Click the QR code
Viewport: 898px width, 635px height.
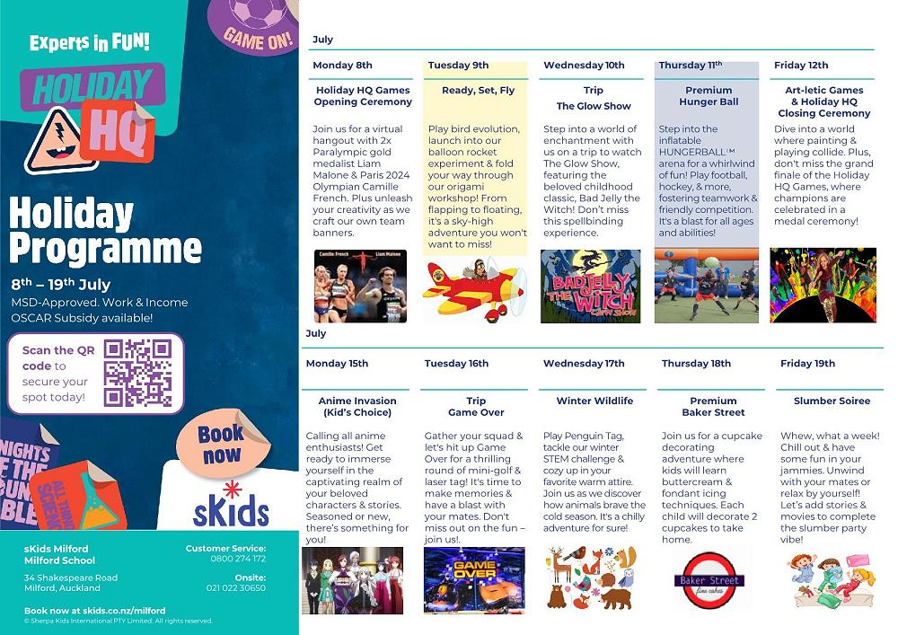pyautogui.click(x=137, y=373)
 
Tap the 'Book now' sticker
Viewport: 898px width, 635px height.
pyautogui.click(x=221, y=445)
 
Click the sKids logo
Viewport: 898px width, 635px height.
pyautogui.click(x=231, y=507)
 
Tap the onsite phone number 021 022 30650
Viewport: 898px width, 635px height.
pyautogui.click(x=236, y=588)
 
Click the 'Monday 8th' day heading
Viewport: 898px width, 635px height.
pyautogui.click(x=342, y=66)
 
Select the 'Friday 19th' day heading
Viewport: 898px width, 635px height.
pyautogui.click(x=807, y=364)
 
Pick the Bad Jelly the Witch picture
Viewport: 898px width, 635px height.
pyautogui.click(x=591, y=287)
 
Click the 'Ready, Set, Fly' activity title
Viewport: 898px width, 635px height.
pyautogui.click(x=478, y=91)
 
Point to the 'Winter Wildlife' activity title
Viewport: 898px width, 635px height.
pyautogui.click(x=594, y=401)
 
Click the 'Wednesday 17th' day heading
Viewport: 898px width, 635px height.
pyautogui.click(x=584, y=364)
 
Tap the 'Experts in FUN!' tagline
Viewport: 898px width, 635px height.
pyautogui.click(x=89, y=42)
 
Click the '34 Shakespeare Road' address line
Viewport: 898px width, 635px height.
pyautogui.click(x=71, y=578)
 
